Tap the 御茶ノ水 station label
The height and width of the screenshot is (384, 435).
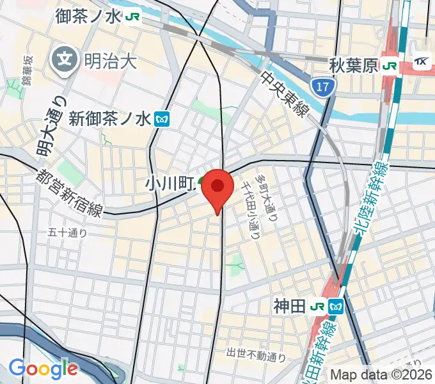click(88, 15)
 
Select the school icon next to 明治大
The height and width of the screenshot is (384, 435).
click(66, 61)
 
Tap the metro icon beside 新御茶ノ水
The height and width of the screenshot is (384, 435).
click(162, 118)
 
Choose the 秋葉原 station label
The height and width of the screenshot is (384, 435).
click(354, 65)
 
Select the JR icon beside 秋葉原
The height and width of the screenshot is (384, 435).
click(389, 65)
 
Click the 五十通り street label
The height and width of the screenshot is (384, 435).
click(67, 233)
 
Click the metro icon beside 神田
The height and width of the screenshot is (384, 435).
click(335, 307)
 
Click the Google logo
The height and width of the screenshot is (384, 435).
click(43, 369)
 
